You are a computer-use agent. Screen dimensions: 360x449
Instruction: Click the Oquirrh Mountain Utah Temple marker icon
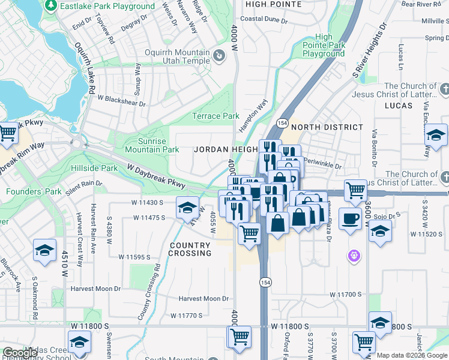[219, 57]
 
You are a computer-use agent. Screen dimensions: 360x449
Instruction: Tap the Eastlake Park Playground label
[103, 6]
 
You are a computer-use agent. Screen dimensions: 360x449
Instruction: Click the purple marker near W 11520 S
[354, 256]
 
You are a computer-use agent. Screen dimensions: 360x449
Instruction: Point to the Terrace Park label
[215, 116]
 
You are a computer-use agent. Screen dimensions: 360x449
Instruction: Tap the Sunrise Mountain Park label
[152, 145]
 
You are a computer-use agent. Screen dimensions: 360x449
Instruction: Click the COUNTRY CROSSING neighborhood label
[190, 250]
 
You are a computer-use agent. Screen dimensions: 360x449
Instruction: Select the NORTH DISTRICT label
[327, 127]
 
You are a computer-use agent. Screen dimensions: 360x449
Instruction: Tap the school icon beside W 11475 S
[187, 208]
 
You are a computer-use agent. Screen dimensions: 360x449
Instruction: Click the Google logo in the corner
[20, 353]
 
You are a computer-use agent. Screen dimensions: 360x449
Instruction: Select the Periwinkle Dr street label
[322, 164]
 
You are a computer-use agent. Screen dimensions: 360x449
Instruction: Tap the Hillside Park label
[94, 168]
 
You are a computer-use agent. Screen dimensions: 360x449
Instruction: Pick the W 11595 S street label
[142, 257]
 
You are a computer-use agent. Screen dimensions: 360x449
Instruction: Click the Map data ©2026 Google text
[412, 356]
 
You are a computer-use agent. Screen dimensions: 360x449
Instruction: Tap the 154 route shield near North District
[280, 122]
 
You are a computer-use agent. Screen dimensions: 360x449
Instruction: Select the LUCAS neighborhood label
[398, 106]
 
